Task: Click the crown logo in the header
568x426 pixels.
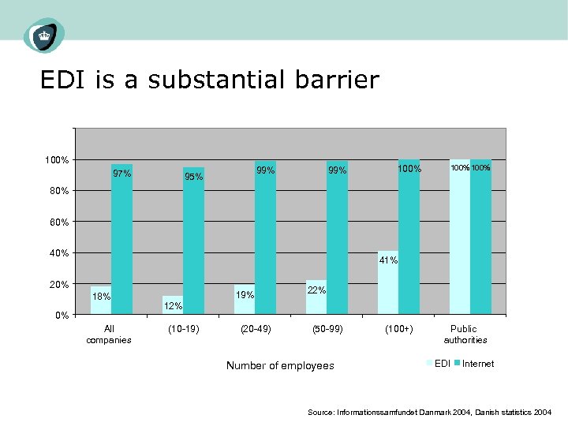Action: click(43, 35)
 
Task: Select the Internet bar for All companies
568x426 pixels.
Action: click(121, 240)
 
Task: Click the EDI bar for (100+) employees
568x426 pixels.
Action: click(387, 283)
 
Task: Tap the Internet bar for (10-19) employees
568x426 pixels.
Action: click(193, 241)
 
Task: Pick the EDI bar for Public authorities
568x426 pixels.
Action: click(459, 237)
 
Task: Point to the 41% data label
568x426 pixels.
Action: click(388, 260)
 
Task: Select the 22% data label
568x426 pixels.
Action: click(316, 290)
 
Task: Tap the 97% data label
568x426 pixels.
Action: click(121, 174)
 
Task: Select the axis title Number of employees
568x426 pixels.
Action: click(280, 365)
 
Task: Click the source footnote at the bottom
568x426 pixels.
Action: click(429, 413)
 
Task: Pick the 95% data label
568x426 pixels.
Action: click(193, 177)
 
